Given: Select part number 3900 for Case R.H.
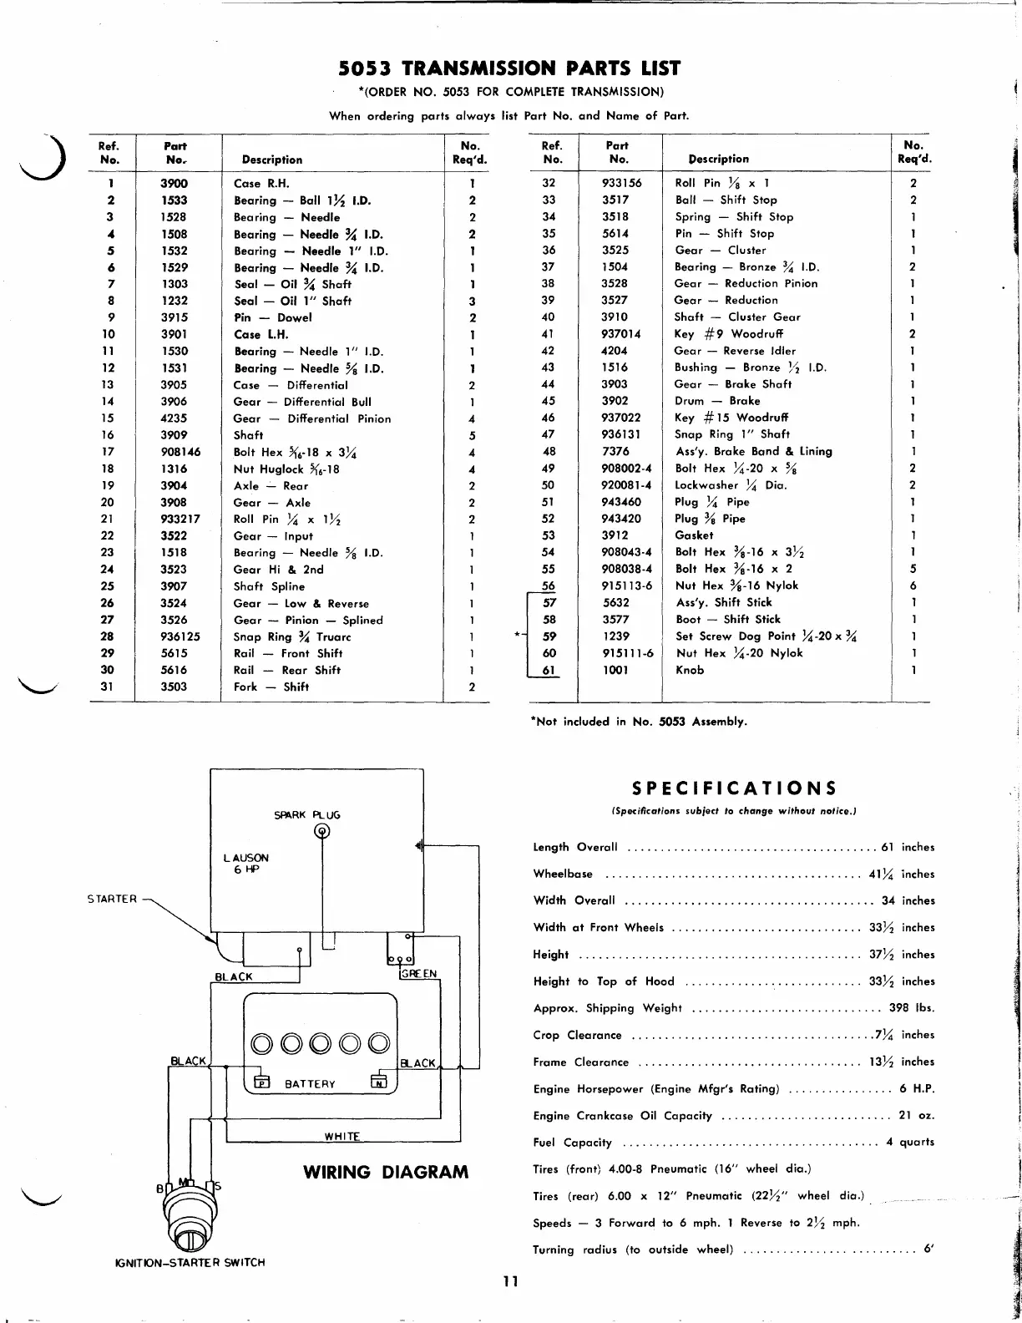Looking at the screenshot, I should click(174, 184).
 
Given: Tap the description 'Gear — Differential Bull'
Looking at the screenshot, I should click(302, 402).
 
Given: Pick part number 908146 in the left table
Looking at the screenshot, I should click(180, 452).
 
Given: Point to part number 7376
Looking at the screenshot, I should click(615, 451).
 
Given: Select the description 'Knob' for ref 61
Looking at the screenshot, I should click(690, 670).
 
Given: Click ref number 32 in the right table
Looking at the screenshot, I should click(549, 183).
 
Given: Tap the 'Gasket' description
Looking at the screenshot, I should click(694, 535).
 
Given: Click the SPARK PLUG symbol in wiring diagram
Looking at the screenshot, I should click(321, 830).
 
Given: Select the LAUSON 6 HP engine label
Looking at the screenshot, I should click(246, 864).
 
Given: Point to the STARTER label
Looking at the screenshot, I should click(112, 899).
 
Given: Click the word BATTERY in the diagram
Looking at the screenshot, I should click(310, 1084).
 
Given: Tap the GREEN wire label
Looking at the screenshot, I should click(418, 974).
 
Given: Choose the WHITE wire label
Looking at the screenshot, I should click(342, 1136).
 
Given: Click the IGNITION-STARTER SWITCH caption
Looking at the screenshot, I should click(189, 1262).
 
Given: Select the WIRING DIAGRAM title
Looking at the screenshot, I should click(386, 1172).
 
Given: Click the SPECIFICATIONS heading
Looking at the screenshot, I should click(734, 788).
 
